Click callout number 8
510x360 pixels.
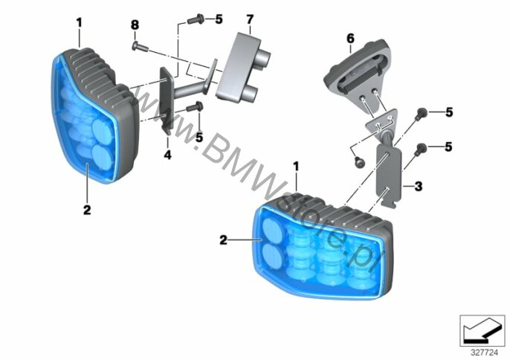(x=135, y=25)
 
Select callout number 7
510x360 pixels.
(x=250, y=20)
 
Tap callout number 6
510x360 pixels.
(x=350, y=39)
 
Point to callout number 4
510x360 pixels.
(x=167, y=155)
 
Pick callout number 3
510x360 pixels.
(x=419, y=187)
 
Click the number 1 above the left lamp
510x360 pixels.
(x=79, y=23)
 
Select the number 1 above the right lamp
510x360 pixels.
(x=296, y=167)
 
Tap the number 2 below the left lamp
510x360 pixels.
(x=87, y=210)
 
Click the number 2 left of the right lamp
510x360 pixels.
(x=223, y=240)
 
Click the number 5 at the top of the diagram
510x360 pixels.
(x=219, y=19)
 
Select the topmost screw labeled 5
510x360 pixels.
(x=196, y=19)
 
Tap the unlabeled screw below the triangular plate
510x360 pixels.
(x=359, y=161)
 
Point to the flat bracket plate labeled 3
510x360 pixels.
(x=390, y=176)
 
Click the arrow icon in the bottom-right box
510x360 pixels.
(x=482, y=330)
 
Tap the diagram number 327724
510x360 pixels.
(x=484, y=353)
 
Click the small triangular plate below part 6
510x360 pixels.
(x=381, y=120)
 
